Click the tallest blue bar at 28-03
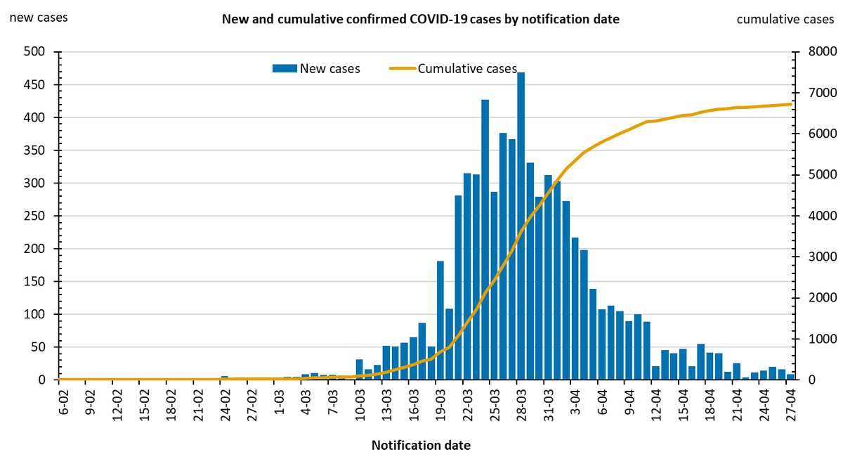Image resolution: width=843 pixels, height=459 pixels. [x=521, y=225]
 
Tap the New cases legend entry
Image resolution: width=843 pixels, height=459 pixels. [x=317, y=68]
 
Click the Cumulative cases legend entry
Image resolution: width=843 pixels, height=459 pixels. [x=453, y=68]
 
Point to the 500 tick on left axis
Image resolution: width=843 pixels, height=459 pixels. [x=35, y=52]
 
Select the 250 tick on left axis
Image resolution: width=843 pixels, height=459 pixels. [x=35, y=216]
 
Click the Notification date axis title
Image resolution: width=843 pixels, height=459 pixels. [x=421, y=445]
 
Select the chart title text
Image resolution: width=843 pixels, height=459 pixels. [x=421, y=19]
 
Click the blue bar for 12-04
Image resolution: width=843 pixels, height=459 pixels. [x=655, y=373]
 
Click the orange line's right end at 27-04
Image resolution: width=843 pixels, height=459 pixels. [x=791, y=104]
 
